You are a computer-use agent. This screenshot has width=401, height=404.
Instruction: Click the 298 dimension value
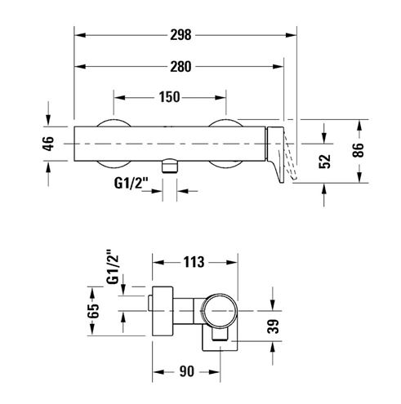tap(180, 35)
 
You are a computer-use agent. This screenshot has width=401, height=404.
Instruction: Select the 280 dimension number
tap(180, 67)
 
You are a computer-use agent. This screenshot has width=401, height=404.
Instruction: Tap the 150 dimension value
tap(169, 97)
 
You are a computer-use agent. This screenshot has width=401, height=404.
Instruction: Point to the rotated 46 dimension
tap(48, 143)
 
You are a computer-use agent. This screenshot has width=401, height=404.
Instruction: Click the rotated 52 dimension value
tap(324, 162)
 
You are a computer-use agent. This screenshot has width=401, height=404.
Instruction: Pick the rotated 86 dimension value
tap(358, 150)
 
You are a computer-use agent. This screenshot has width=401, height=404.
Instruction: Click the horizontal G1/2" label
tap(131, 183)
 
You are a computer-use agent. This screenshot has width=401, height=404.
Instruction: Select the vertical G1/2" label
tap(113, 267)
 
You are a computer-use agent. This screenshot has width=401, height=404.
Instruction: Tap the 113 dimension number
tap(194, 262)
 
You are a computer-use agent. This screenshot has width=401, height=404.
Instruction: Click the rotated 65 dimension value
tap(93, 311)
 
